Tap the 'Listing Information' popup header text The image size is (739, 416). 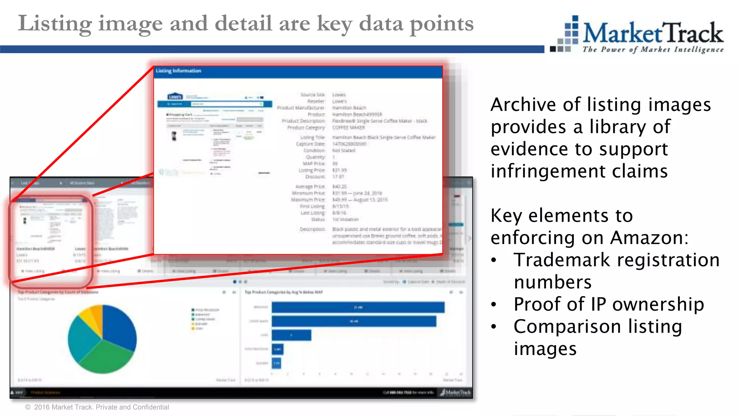click(x=179, y=71)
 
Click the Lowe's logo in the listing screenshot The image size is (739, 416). click(x=175, y=96)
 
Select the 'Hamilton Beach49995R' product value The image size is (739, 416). click(x=357, y=114)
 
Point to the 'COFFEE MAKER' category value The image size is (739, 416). click(x=348, y=127)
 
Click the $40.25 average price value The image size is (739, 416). click(x=339, y=187)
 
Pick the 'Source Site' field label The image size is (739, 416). click(x=312, y=95)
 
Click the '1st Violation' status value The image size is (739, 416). click(x=345, y=219)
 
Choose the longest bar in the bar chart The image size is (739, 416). click(x=358, y=307)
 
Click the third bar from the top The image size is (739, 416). click(x=291, y=335)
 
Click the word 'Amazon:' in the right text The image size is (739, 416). click(x=649, y=238)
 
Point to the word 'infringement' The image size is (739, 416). click(x=548, y=171)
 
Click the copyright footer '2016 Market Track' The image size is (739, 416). click(x=63, y=407)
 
